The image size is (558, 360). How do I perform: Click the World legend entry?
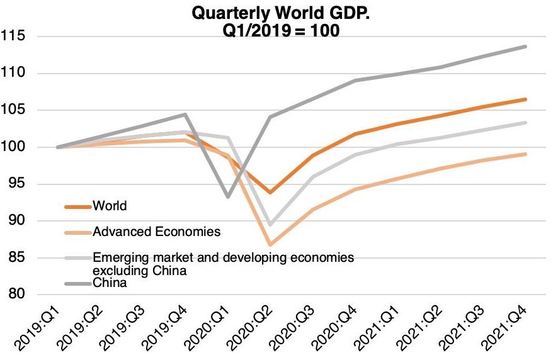pos(110,206)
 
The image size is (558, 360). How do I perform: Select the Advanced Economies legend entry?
pos(156,232)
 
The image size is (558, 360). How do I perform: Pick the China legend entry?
pos(110,283)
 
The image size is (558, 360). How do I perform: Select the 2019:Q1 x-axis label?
pos(39,330)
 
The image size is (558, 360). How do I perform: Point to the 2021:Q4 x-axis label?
pos(510,330)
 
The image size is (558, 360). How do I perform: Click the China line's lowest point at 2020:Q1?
pos(228,197)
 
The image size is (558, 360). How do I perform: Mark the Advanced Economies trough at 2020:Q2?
pos(270,244)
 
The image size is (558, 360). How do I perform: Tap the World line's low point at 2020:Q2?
pos(270,192)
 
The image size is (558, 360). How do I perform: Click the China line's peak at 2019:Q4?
pos(185,115)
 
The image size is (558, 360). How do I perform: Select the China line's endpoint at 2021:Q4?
pos(526,47)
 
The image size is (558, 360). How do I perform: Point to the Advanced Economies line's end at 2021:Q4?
pos(526,154)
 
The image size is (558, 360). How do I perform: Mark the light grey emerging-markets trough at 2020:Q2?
pos(270,225)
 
